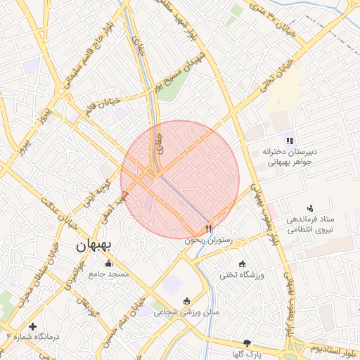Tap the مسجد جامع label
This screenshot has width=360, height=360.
pos(108,274)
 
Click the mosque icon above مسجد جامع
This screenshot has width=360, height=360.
pos(82,266)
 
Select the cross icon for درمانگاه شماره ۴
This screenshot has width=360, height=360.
pos(32,326)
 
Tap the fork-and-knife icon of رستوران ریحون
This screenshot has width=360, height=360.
pos(208,229)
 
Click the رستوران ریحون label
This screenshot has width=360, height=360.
pos(208,239)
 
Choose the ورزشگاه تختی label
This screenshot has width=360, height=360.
pos(243,274)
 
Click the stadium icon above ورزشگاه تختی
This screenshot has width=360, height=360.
pos(243,264)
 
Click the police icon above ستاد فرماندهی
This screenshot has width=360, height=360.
pos(310,207)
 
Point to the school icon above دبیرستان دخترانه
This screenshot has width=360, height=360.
pos(290,141)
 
